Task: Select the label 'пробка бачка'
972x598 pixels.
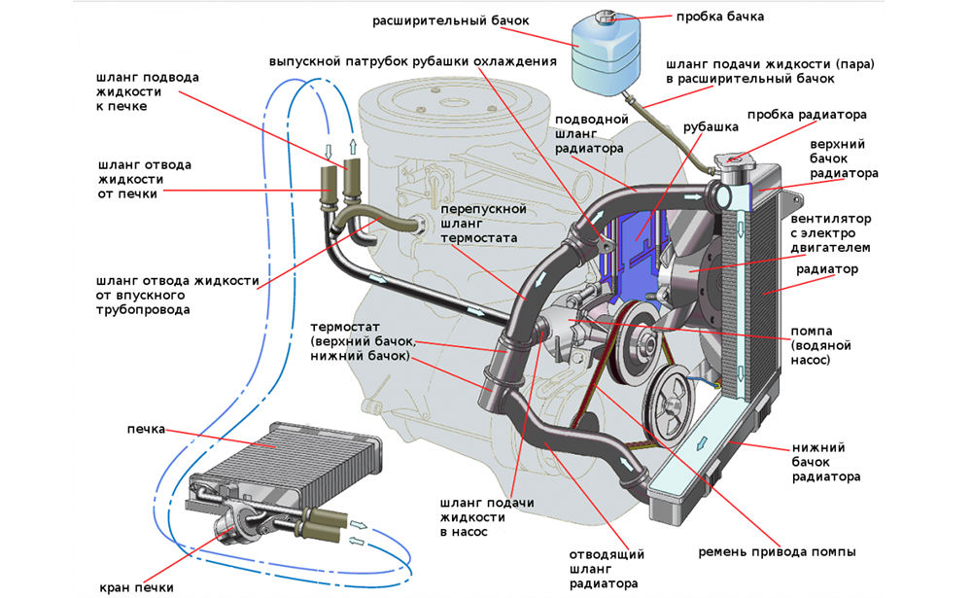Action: pos(720,17)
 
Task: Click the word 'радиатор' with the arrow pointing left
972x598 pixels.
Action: pos(827,269)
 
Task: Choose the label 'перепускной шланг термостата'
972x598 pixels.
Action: pos(483,224)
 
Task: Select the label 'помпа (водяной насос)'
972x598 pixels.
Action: pos(822,345)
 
